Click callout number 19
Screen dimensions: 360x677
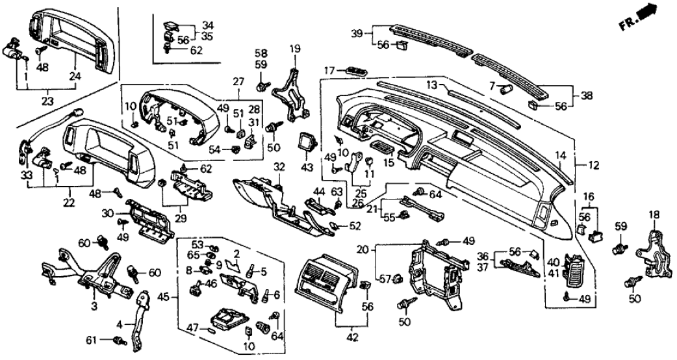tap(295, 48)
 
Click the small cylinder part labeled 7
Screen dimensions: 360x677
tap(505, 87)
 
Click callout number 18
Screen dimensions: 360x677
tap(654, 214)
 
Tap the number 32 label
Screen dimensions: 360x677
tap(279, 167)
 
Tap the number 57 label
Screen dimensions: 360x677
tap(384, 279)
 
